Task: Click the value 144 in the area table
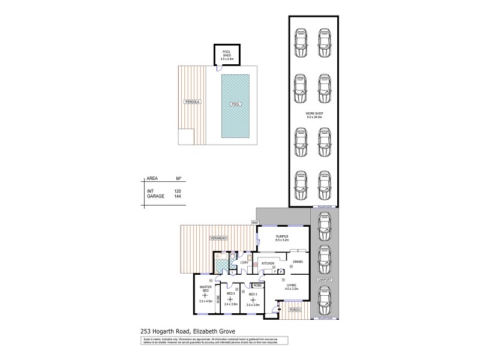[177, 196]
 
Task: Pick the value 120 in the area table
[177, 191]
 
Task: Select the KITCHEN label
[268, 263]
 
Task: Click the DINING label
[298, 262]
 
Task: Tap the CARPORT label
[325, 280]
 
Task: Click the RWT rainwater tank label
[255, 222]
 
